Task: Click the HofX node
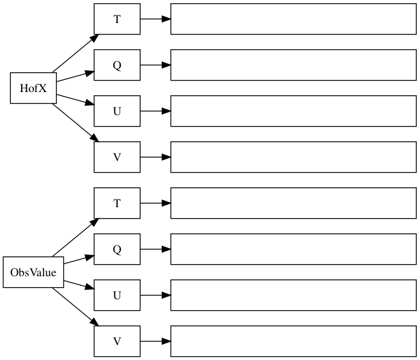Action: pos(33,88)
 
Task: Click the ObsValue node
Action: pos(33,272)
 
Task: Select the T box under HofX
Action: pos(117,19)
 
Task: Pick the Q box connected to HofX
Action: pos(117,65)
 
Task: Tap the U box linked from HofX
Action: pos(117,111)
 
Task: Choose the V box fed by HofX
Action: pos(117,157)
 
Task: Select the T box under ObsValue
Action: pos(117,203)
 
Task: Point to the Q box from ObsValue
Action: pos(117,249)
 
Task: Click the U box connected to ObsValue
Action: pos(117,295)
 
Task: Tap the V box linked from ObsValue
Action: pos(117,341)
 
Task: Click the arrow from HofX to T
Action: pos(74,54)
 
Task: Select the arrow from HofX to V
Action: pos(74,123)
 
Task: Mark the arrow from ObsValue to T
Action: pos(74,238)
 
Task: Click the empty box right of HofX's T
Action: pos(293,19)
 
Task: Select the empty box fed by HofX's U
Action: pos(293,111)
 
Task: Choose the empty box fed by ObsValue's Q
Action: pos(293,249)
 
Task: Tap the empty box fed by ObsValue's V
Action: pos(293,341)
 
